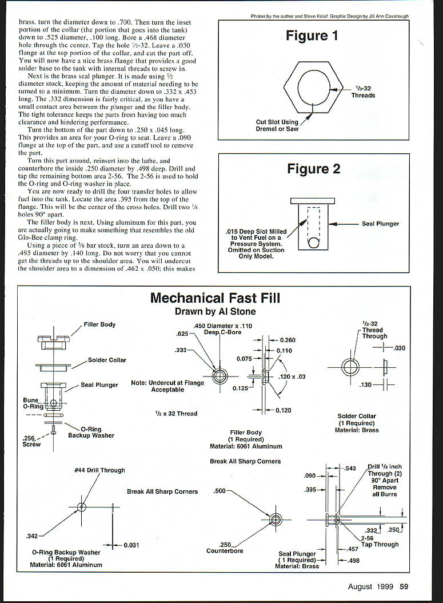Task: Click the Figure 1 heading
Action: pos(312,36)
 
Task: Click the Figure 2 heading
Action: pos(313,169)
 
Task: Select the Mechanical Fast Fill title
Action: pos(215,298)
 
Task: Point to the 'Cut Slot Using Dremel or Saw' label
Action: pos(277,125)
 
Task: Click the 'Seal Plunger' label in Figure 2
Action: pos(380,224)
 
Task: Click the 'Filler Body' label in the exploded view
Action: pos(99,324)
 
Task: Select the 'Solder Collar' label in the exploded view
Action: pos(107,360)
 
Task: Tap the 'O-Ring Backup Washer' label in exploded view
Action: pos(91,432)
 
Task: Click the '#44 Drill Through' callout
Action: pos(99,470)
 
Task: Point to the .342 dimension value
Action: pos(33,536)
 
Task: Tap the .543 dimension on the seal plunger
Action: pos(350,469)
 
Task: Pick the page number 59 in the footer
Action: pos(404,586)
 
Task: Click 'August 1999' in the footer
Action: pos(370,586)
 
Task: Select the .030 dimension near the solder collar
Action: pos(400,347)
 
